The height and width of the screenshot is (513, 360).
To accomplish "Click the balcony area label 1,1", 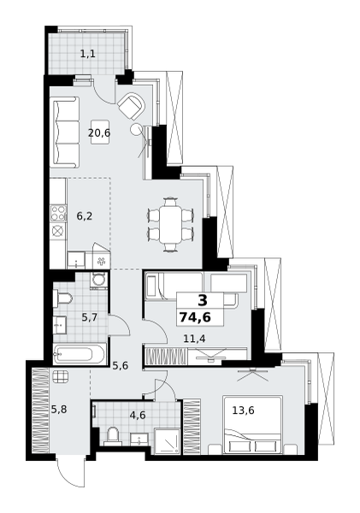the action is tap(88, 54).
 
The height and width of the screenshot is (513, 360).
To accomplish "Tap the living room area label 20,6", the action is tap(99, 133).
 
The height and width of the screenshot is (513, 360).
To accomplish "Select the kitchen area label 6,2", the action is tap(85, 216).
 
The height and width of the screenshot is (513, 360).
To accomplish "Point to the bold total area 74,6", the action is tap(195, 317).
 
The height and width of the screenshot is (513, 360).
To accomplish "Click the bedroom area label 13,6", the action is tap(243, 410).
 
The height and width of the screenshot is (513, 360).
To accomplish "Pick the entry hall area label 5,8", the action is tap(59, 409).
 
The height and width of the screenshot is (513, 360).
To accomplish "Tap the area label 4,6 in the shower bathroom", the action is tap(138, 415).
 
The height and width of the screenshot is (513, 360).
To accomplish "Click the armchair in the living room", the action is tap(132, 106).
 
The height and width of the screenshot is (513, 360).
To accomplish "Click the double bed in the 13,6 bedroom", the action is tap(252, 425).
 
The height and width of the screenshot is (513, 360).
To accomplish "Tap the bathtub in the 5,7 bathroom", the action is tap(80, 354).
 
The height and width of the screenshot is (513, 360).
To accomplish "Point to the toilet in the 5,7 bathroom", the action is tap(62, 298).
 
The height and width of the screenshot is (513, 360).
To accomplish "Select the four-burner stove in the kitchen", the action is tap(58, 213).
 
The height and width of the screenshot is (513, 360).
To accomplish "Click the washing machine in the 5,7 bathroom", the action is tap(97, 280).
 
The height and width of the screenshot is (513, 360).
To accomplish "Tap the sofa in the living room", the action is tap(64, 132).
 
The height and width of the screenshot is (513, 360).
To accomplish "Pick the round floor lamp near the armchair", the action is tap(135, 128).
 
